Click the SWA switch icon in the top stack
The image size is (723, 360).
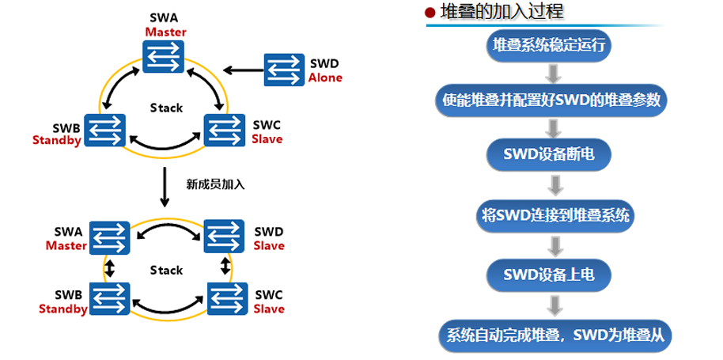[x=164, y=55]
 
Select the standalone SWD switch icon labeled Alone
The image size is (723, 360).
[x=283, y=69]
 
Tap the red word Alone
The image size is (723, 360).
[x=326, y=78]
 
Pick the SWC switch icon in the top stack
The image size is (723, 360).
[x=225, y=130]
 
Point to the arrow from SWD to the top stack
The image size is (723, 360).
[x=241, y=69]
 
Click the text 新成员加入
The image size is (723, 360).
[x=215, y=184]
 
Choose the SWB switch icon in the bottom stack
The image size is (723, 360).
[x=109, y=298]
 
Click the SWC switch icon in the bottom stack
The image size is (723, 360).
[x=225, y=298]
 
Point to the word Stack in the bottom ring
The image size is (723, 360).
[x=166, y=271]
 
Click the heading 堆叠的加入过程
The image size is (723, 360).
[x=503, y=12]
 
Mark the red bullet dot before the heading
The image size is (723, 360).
[x=430, y=13]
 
